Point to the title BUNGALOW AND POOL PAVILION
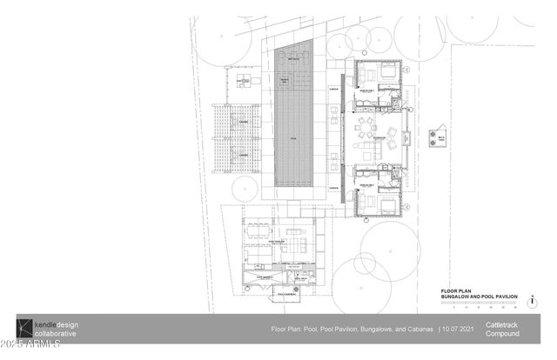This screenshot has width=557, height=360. point(478,297)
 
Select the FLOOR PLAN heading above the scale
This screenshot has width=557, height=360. point(457,291)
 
